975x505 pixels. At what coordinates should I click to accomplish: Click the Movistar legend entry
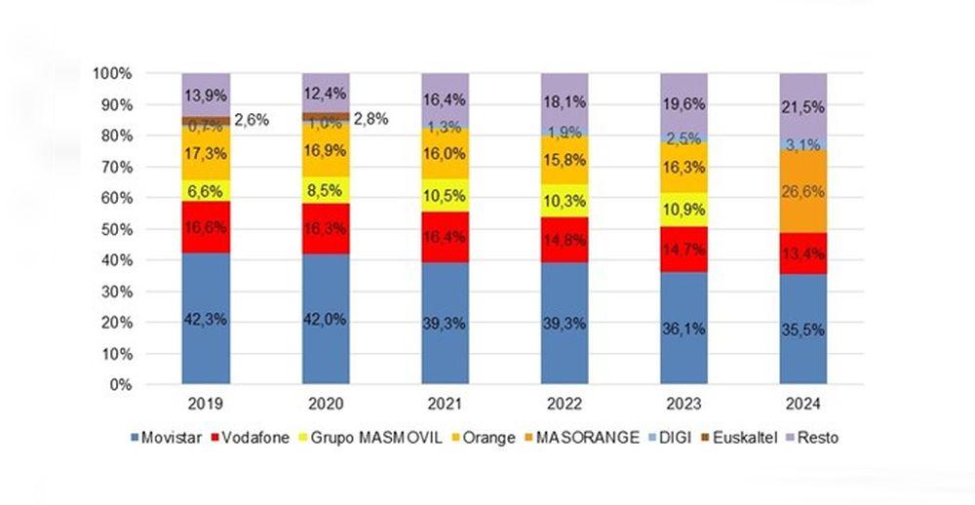pyautogui.click(x=165, y=438)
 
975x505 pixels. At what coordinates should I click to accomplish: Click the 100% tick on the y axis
pyautogui.click(x=111, y=73)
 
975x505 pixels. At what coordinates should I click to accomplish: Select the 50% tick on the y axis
pyautogui.click(x=115, y=229)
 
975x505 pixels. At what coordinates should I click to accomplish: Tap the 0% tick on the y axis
pyautogui.click(x=119, y=385)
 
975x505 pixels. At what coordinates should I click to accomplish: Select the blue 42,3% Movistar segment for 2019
pyautogui.click(x=206, y=319)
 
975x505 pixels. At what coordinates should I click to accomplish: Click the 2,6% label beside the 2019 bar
pyautogui.click(x=252, y=119)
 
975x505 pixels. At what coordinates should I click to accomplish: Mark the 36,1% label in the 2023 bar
pyautogui.click(x=682, y=330)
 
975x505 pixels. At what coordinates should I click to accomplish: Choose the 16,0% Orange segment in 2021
pyautogui.click(x=445, y=153)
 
